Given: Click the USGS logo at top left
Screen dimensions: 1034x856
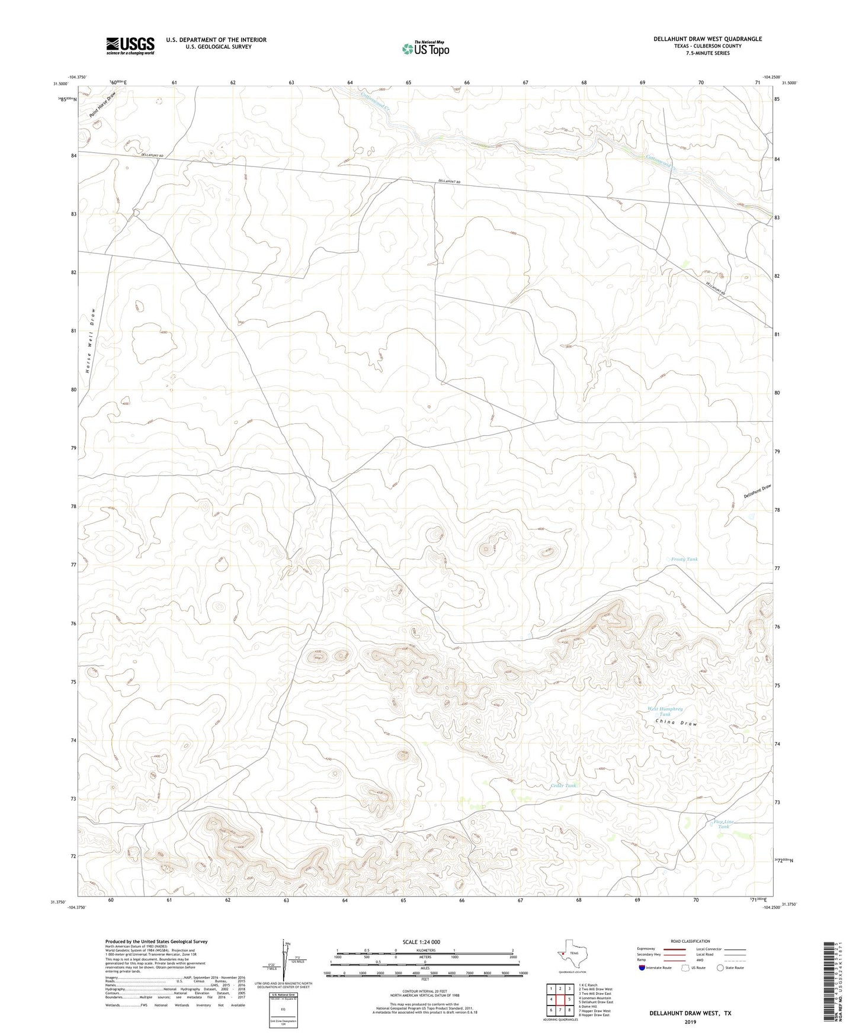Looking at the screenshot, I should click(x=130, y=45).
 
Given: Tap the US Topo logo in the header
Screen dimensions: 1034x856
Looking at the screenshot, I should click(x=425, y=49).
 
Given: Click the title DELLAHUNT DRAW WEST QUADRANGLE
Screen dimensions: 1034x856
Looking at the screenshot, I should click(x=707, y=39).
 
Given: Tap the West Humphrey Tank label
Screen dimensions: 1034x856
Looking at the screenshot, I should click(x=665, y=711).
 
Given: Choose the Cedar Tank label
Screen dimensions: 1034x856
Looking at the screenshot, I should click(x=563, y=785).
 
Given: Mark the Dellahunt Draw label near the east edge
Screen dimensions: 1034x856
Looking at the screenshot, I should click(x=758, y=491).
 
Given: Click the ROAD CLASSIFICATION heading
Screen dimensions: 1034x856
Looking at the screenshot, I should click(x=690, y=941).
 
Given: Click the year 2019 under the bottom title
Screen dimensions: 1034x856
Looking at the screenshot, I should click(x=690, y=1022).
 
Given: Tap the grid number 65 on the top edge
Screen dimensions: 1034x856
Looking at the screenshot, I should click(x=409, y=82).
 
